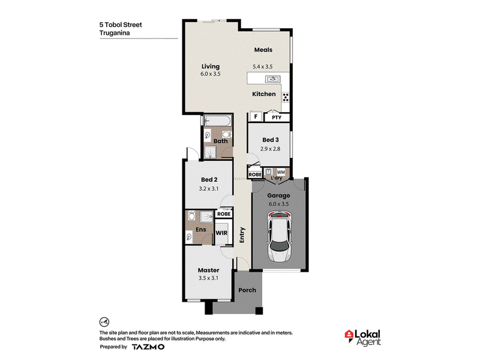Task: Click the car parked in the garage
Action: click(280, 236)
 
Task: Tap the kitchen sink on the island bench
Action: click(273, 79)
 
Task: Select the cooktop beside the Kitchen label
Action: click(286, 97)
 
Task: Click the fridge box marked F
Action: click(256, 116)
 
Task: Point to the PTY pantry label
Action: click(277, 117)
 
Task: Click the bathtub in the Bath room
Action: click(218, 121)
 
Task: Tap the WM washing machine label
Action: click(281, 172)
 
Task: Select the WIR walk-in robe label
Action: click(221, 233)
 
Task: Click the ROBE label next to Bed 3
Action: click(255, 175)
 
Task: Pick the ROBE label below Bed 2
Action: click(224, 214)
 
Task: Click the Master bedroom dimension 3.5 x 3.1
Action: click(208, 278)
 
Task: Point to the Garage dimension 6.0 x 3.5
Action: click(278, 204)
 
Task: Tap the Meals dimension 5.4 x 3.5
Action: click(263, 67)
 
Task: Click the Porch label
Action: click(247, 290)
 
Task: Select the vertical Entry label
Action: click(242, 235)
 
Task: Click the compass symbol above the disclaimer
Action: click(104, 322)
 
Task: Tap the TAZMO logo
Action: click(148, 347)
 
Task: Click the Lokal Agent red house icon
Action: click(349, 335)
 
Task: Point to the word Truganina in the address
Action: click(115, 33)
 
